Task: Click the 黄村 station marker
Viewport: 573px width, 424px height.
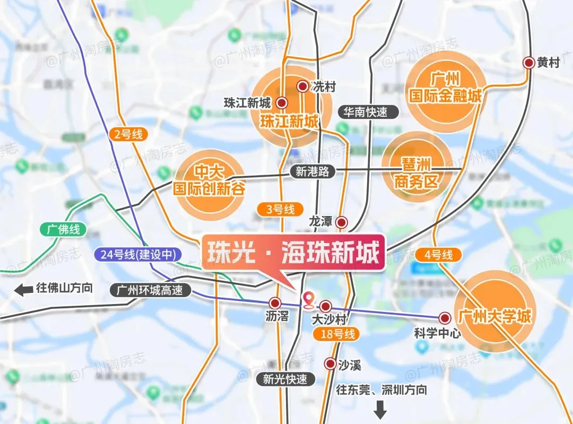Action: pos(528,63)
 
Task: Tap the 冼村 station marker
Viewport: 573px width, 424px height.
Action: pos(302,86)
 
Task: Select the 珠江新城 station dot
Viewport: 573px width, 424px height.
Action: pos(282,102)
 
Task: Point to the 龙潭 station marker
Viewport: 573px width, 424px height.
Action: pos(342,222)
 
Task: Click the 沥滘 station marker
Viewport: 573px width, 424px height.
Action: pos(275,303)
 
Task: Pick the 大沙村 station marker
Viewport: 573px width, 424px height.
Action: pos(326,306)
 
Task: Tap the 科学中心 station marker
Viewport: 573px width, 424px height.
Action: pos(445,318)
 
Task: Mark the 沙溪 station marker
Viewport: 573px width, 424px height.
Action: pos(329,364)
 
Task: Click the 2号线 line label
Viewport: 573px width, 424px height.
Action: pos(128,134)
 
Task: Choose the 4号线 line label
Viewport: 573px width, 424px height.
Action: pos(439,255)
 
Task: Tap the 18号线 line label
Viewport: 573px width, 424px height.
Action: pos(336,334)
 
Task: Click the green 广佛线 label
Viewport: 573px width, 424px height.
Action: pos(63,230)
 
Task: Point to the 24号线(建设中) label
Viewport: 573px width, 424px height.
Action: pos(137,254)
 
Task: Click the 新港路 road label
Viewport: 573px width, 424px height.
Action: pos(312,171)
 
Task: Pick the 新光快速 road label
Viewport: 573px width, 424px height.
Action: pos(285,379)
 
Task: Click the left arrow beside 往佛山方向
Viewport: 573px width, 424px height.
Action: pos(23,290)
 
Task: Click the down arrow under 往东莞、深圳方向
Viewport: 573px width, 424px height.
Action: pos(380,410)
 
